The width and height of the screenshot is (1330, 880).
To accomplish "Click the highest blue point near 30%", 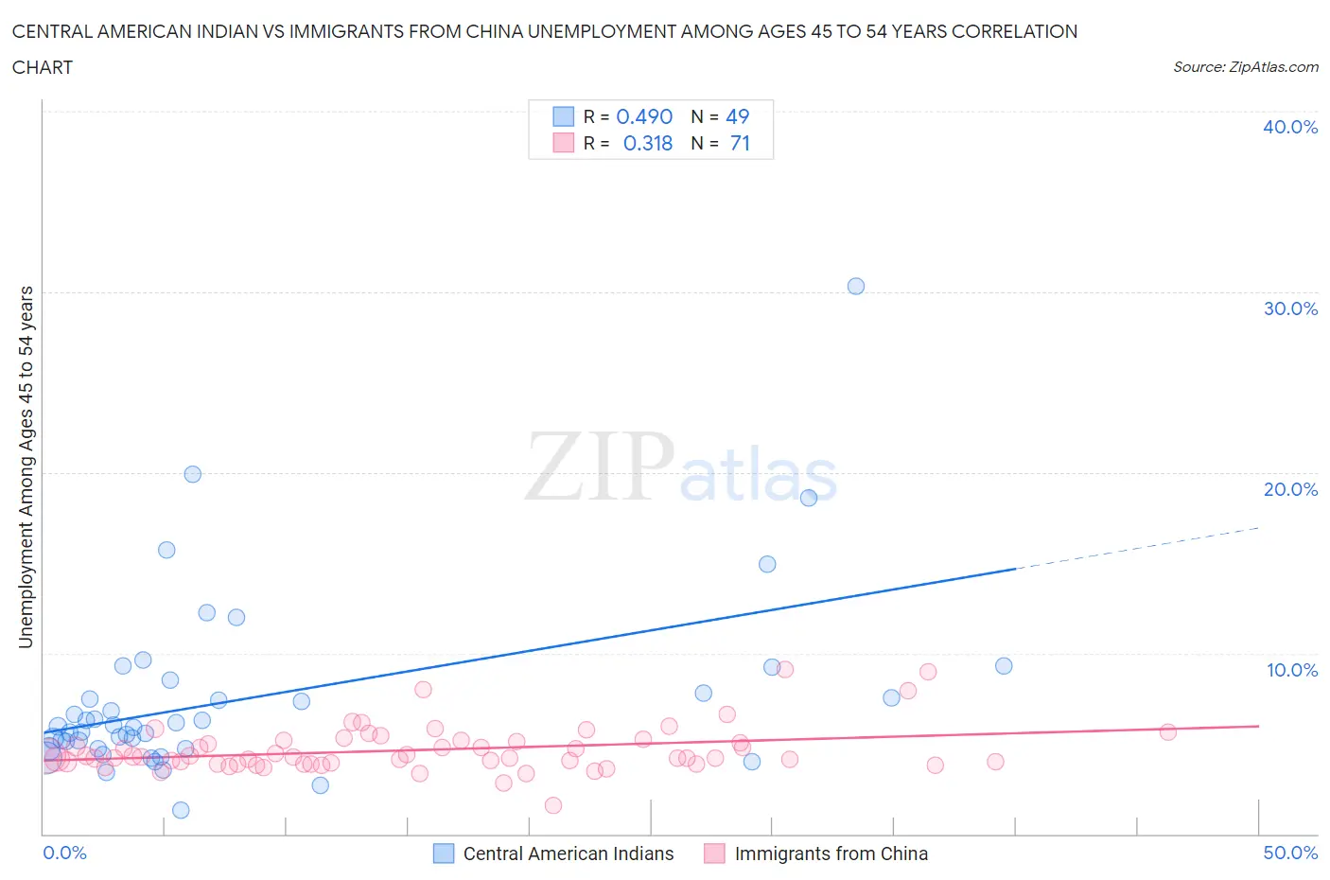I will (856, 286).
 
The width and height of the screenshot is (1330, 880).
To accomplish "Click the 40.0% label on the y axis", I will (1289, 127).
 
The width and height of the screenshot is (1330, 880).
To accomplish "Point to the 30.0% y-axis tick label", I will (1289, 308).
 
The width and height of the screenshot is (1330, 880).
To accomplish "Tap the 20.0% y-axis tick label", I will (1289, 489).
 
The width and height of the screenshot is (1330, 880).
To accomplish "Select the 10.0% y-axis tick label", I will (1291, 670).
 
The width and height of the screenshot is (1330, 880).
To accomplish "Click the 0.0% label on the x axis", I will (64, 853).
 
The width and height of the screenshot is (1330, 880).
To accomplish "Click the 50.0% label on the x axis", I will (1289, 853).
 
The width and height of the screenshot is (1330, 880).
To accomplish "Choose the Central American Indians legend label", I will (568, 854).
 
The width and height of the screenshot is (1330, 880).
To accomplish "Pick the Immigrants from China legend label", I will (831, 854).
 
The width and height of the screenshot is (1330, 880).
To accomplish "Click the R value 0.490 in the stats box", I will (644, 116).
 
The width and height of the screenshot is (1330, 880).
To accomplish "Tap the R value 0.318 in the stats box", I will (648, 143).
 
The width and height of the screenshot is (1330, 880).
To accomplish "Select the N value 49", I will (737, 116).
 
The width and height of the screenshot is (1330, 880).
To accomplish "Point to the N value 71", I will (740, 143).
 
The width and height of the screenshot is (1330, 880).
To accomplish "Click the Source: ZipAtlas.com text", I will (1245, 66).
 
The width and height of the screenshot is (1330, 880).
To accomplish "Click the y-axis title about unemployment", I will (26, 466).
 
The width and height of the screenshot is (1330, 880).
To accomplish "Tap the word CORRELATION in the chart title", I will (1014, 31).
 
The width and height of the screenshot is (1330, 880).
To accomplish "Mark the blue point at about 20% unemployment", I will (192, 474).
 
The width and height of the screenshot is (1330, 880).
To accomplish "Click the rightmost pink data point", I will (1167, 731).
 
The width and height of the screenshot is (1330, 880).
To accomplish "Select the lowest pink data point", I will (553, 805).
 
